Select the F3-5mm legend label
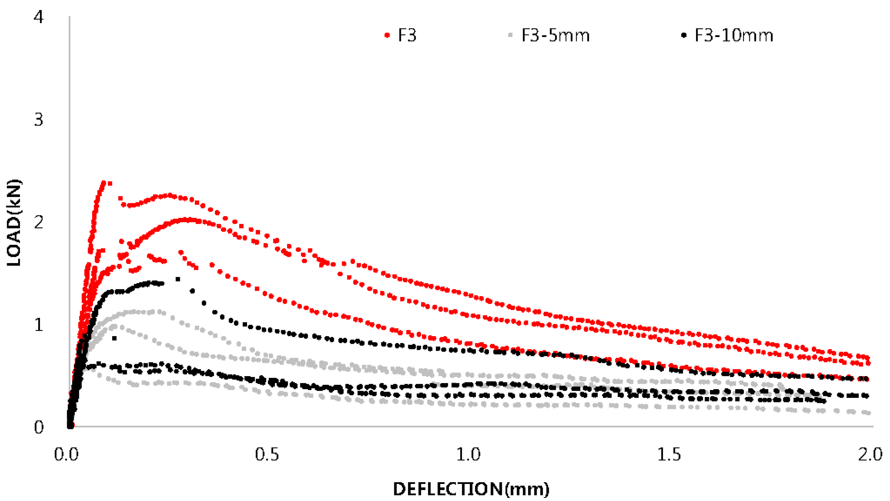click(555, 35)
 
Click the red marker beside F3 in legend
click(387, 35)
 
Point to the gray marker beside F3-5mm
click(510, 35)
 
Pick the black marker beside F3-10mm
click(683, 35)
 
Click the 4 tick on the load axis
click(38, 17)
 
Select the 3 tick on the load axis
click(38, 119)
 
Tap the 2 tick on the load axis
click(38, 222)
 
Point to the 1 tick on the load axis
click(38, 324)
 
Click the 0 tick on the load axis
click(38, 427)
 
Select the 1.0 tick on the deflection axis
click(468, 454)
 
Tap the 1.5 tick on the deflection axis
click(669, 454)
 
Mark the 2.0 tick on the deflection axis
click(870, 454)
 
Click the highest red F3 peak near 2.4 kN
click(104, 182)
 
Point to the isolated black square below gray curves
click(114, 338)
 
